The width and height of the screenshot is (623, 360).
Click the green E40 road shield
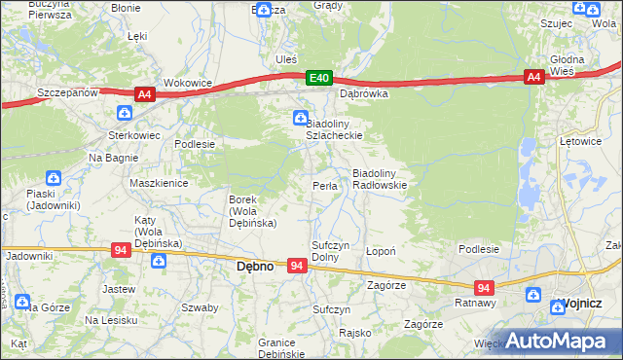click(x=318, y=78)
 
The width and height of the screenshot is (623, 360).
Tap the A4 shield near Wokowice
click(x=144, y=93)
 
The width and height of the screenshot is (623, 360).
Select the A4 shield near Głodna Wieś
click(x=532, y=78)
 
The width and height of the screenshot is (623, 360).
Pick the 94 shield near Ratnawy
click(x=484, y=288)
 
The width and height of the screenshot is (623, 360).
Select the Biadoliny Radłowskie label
click(x=379, y=178)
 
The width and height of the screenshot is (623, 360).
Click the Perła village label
click(x=325, y=186)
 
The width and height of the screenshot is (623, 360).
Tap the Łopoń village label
click(x=380, y=251)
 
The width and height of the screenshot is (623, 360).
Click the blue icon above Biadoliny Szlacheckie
click(x=300, y=119)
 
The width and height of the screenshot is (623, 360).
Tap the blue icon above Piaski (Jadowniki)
click(x=55, y=178)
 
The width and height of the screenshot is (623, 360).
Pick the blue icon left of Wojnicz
click(x=533, y=295)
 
